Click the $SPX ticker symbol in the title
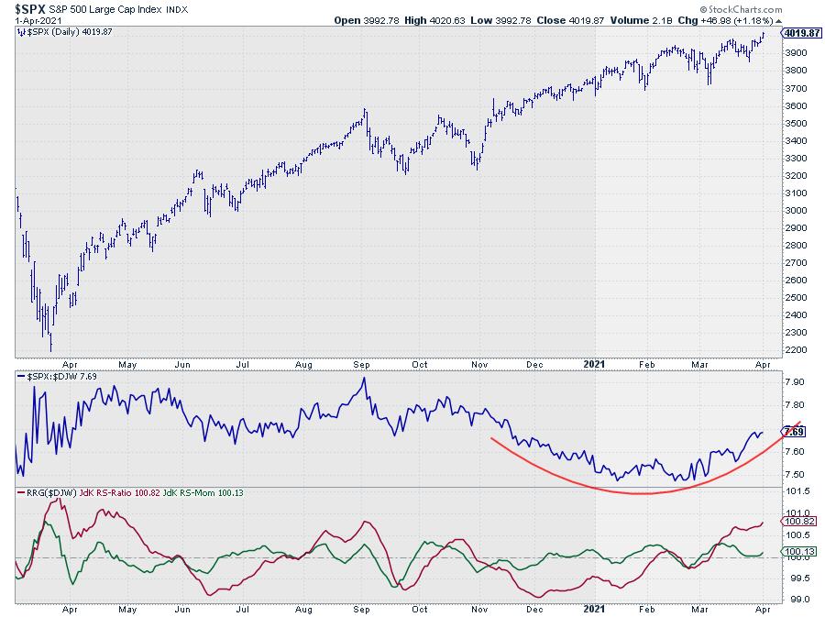29,7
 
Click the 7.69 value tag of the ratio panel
795,432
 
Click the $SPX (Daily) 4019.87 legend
59,32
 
